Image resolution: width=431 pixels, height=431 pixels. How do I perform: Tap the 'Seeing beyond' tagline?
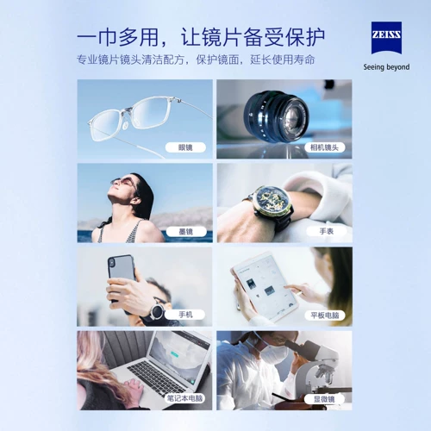pyautogui.click(x=385, y=66)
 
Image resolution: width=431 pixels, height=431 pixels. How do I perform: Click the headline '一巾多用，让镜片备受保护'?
pyautogui.click(x=200, y=37)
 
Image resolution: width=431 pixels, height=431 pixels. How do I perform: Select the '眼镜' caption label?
pyautogui.click(x=185, y=147)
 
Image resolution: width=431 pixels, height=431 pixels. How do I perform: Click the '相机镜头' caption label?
pyautogui.click(x=327, y=147)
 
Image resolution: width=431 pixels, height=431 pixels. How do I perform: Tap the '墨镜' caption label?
pyautogui.click(x=185, y=231)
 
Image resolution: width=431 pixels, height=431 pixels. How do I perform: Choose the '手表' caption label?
pyautogui.click(x=327, y=231)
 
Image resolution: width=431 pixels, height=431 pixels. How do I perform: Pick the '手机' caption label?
pyautogui.click(x=185, y=315)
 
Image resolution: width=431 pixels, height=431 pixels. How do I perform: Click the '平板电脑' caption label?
pyautogui.click(x=327, y=315)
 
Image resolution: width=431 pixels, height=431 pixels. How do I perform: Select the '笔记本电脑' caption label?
pyautogui.click(x=185, y=398)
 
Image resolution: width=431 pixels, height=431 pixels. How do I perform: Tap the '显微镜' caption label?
pyautogui.click(x=327, y=398)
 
